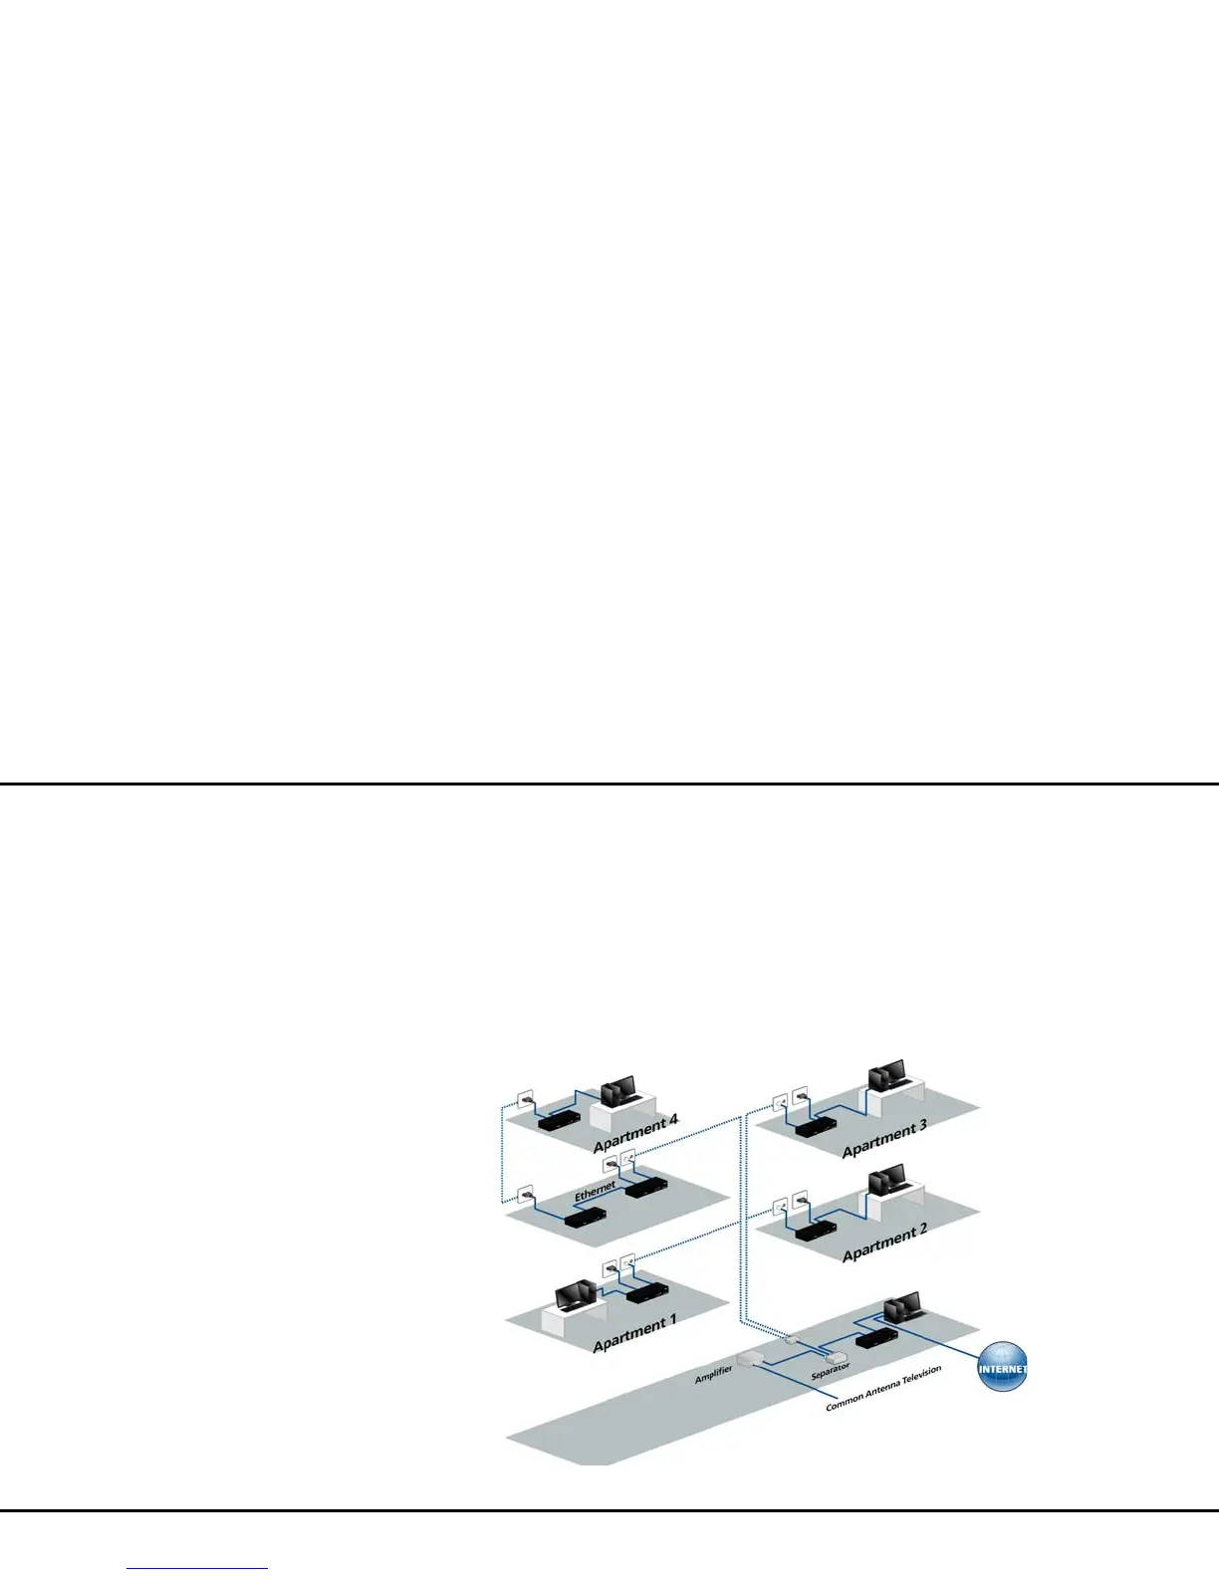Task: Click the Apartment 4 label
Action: point(635,1134)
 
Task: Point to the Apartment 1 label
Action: point(634,1333)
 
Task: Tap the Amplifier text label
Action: point(713,1376)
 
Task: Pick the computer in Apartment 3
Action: point(886,1076)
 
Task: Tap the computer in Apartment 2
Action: point(886,1180)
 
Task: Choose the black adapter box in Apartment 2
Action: point(815,1231)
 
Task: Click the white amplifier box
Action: point(750,1358)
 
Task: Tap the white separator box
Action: point(835,1356)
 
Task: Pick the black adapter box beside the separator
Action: point(875,1338)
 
